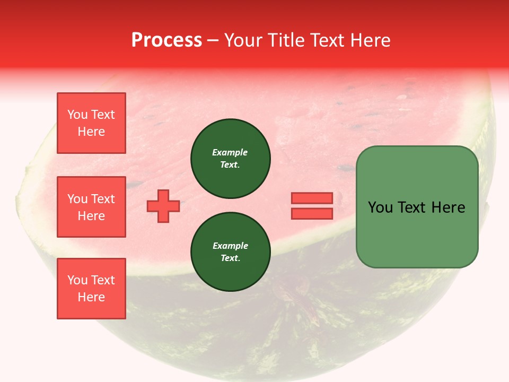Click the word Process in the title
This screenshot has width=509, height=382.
point(166,40)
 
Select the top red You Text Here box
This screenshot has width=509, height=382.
point(91,123)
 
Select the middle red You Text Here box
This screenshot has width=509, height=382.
point(91,207)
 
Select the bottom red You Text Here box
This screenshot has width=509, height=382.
point(91,289)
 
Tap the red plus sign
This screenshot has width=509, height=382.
point(163,206)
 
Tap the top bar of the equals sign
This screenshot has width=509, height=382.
point(312,198)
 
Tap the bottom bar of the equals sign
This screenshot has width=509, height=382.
point(312,214)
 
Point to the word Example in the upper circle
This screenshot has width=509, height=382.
point(230,152)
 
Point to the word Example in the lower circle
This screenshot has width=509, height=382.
point(230,246)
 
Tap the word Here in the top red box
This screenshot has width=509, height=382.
point(91,132)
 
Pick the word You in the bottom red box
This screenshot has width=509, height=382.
point(77,280)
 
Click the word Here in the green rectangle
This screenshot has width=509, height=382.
point(449,207)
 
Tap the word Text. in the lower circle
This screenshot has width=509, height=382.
point(230,258)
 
